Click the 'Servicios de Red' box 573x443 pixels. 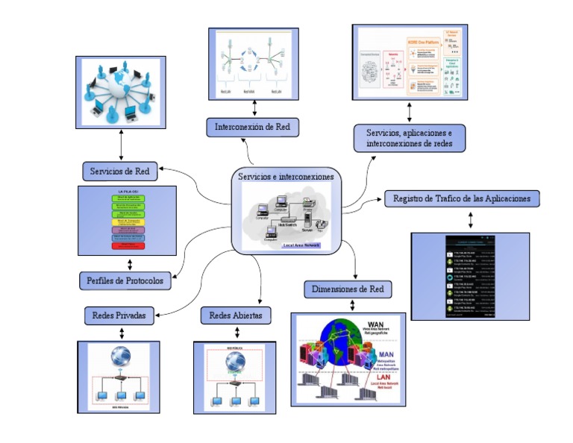click(x=119, y=171)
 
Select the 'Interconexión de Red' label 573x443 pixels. click(x=253, y=127)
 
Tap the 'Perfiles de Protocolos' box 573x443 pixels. click(x=125, y=281)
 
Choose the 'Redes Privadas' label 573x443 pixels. click(x=119, y=315)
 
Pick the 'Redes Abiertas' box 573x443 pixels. click(x=236, y=315)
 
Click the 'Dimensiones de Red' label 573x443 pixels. click(x=348, y=289)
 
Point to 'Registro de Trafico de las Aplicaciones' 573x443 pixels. click(x=462, y=198)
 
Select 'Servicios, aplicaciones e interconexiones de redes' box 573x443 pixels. click(x=410, y=137)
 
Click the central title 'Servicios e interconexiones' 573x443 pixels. click(x=286, y=177)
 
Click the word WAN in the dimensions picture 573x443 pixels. click(x=376, y=323)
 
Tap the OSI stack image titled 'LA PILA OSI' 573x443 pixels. click(x=128, y=221)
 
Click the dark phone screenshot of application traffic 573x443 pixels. click(x=470, y=276)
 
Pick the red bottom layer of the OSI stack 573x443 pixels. click(x=128, y=245)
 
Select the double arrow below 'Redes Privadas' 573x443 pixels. click(x=119, y=333)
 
